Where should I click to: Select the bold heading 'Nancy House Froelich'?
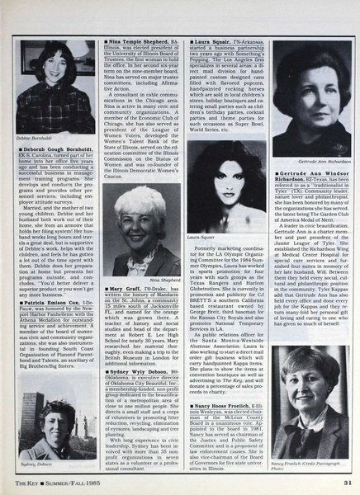260,384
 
